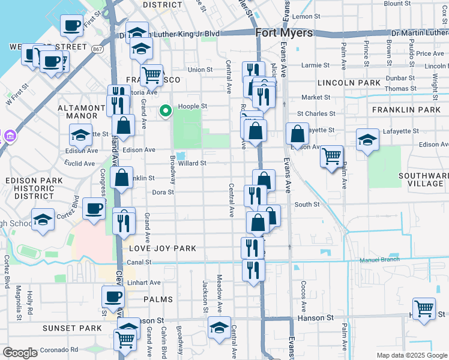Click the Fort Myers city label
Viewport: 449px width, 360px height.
(284, 33)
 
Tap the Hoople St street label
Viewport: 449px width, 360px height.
(195, 106)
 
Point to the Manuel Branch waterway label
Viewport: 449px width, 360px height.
(379, 260)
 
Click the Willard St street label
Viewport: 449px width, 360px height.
(192, 163)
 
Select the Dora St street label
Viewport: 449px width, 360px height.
(163, 193)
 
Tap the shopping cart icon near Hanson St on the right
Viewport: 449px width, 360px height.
(424, 308)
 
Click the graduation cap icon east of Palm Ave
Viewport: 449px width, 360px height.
(367, 139)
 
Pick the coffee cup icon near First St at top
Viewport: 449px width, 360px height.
(72, 25)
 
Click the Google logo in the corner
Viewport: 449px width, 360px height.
(20, 353)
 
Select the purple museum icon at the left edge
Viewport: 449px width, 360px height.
(8, 136)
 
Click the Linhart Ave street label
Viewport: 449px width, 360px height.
(147, 283)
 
